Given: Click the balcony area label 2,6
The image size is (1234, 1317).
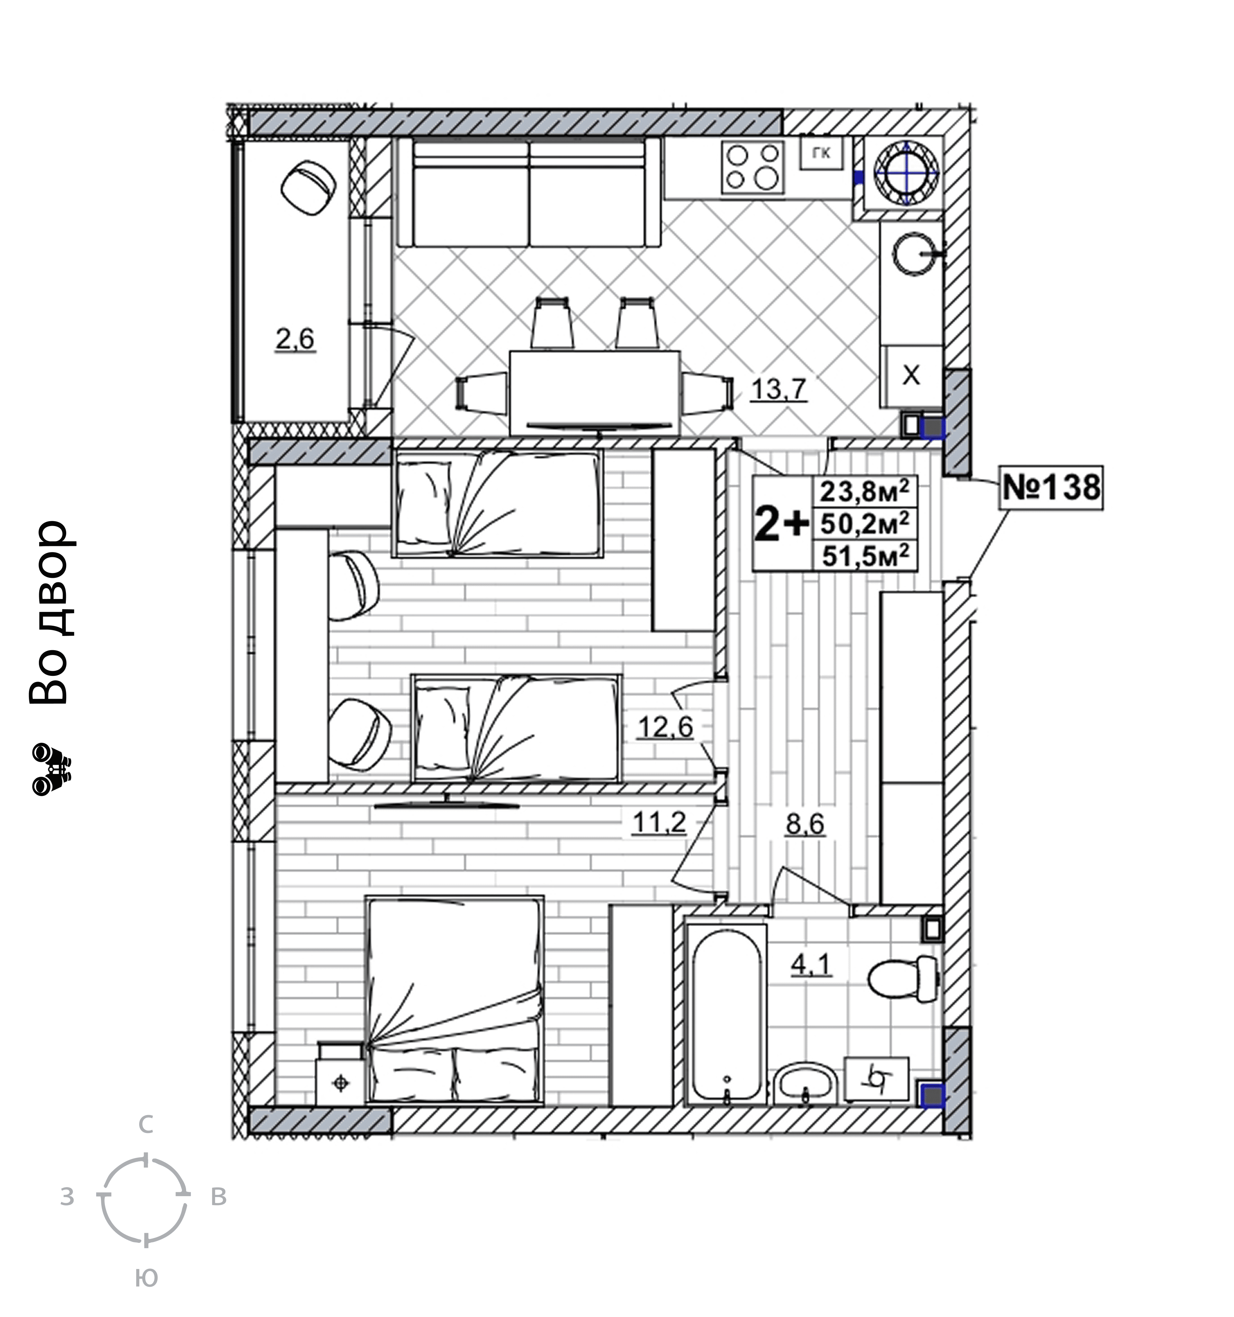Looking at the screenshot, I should pyautogui.click(x=295, y=340).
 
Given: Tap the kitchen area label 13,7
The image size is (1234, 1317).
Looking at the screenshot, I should pyautogui.click(x=778, y=389).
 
